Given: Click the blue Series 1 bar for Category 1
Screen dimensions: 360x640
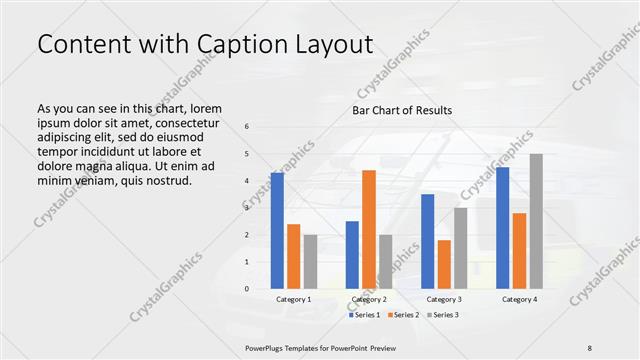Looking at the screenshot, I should point(277,231).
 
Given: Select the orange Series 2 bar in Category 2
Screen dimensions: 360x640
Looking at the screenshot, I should point(369,229).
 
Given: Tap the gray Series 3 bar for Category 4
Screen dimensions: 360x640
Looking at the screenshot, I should point(536,221).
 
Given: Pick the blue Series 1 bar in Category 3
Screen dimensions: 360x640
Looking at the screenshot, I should point(427,241).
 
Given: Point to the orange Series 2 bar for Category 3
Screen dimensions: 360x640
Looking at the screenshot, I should point(444,264).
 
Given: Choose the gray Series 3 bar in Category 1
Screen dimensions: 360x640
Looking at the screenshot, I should point(310,262).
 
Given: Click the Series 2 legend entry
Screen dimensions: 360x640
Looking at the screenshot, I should point(404,315).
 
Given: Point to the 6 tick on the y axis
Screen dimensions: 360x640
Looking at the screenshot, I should point(247,127).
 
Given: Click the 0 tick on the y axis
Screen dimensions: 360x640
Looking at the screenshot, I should point(247,289).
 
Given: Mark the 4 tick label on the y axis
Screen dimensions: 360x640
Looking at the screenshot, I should point(247,181).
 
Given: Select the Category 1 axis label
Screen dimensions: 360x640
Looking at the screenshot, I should point(293,299).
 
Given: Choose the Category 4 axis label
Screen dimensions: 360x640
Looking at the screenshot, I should point(519,299).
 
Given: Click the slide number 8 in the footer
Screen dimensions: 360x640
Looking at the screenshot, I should point(589,347).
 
